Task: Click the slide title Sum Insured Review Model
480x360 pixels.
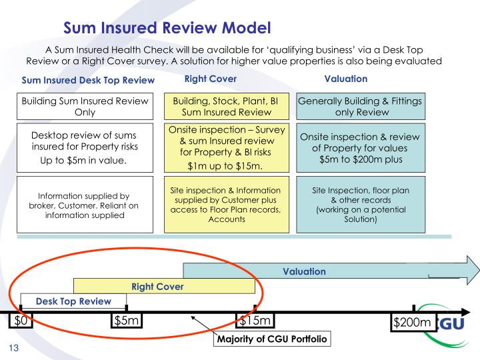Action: point(167,28)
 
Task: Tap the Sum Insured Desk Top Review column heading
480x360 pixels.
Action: point(88,80)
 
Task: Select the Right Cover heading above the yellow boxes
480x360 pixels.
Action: point(211,79)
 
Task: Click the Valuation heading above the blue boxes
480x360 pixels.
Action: point(346,79)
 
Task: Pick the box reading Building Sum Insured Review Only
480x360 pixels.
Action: point(85,106)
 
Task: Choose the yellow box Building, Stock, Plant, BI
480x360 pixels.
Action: point(227,106)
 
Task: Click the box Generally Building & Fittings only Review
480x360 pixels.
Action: point(361,106)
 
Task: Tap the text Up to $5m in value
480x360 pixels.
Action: point(83,161)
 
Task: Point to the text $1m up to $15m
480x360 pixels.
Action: point(225,166)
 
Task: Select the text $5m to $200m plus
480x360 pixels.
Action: point(361,159)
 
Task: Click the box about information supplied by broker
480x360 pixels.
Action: point(85,205)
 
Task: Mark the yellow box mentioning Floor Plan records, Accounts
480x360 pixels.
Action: point(227,205)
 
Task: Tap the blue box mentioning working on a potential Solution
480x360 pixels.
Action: point(361,205)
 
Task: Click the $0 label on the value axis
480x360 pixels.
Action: point(21,321)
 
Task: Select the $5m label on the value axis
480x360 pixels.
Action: point(127,321)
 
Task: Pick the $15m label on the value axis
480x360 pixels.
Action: point(255,321)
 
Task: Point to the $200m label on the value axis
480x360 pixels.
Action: point(413,323)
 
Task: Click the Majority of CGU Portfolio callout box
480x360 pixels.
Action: point(272,339)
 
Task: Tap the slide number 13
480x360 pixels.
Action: point(14,348)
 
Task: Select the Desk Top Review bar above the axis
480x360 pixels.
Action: point(73,301)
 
